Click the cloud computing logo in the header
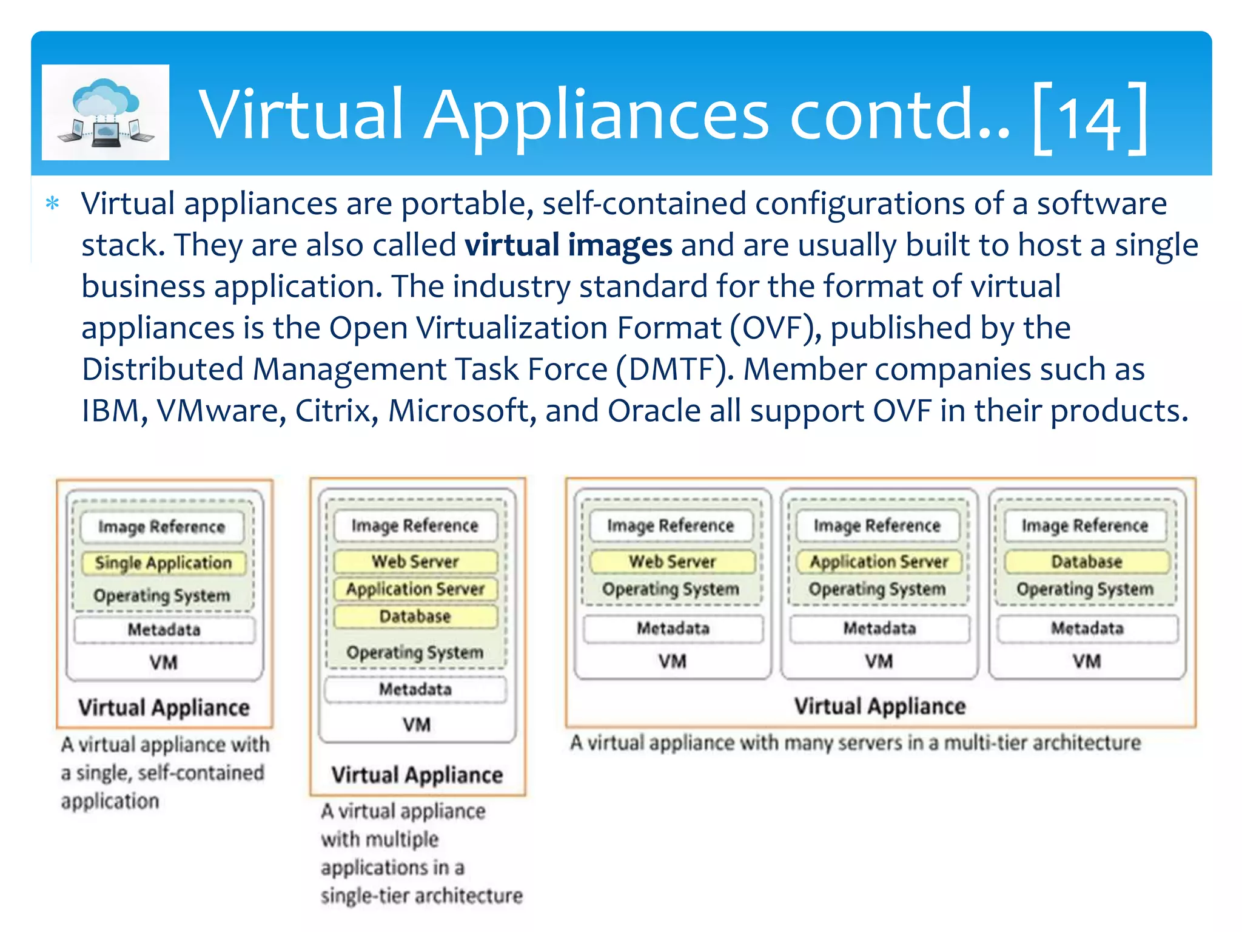point(106,113)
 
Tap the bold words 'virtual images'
point(568,245)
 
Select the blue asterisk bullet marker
point(53,203)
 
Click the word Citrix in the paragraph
point(333,411)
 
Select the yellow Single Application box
point(163,563)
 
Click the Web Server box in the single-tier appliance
point(415,561)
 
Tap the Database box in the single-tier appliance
point(415,616)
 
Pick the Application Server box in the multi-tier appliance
point(879,562)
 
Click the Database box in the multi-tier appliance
point(1086,562)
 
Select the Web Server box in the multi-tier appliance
point(672,562)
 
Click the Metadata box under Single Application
point(164,630)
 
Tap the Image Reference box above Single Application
point(162,527)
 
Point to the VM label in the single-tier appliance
point(417,724)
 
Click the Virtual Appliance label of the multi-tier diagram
point(880,706)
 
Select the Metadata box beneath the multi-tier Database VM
point(1087,629)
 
